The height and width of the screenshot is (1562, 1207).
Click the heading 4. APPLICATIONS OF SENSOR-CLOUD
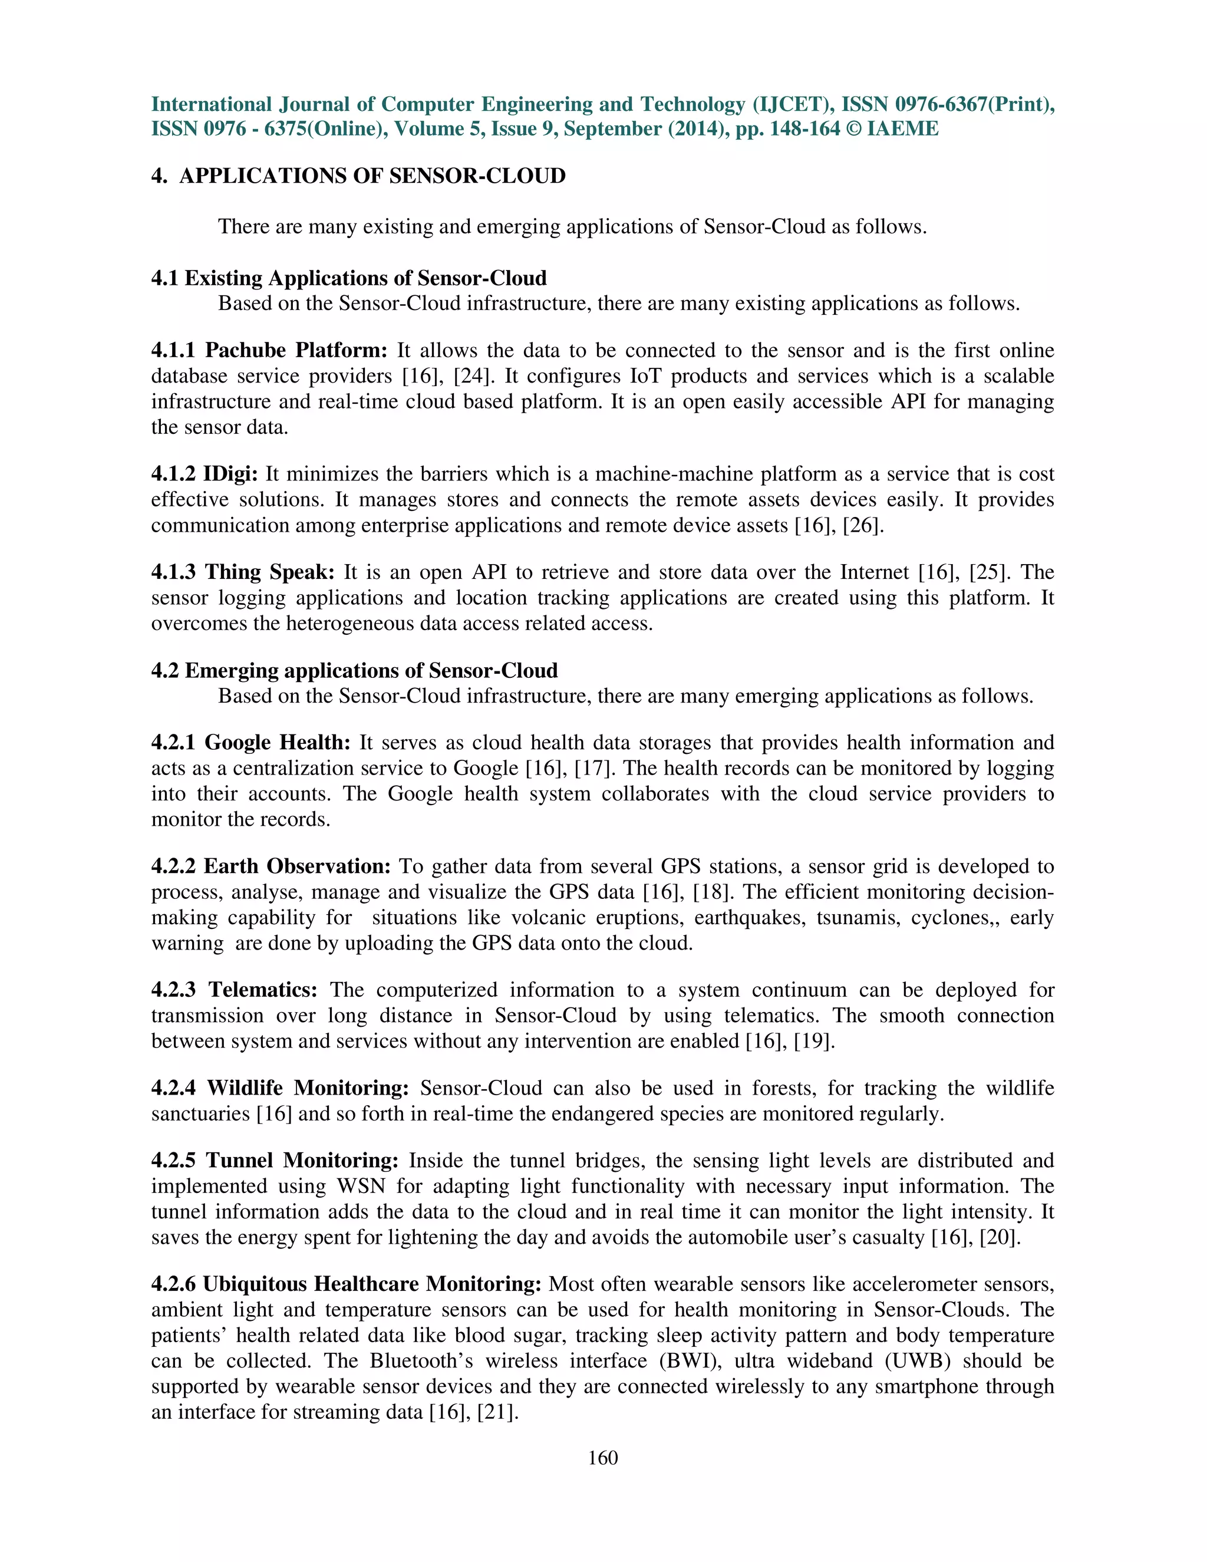click(358, 176)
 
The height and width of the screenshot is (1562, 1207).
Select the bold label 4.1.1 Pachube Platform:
click(269, 351)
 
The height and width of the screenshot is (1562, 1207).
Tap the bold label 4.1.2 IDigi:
click(205, 474)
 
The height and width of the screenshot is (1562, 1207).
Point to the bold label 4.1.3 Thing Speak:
click(243, 572)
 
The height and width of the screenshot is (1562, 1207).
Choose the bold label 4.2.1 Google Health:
click(251, 742)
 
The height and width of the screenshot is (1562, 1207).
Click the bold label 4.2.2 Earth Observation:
click(271, 866)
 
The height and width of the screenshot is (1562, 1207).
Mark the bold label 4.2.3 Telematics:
click(235, 990)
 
